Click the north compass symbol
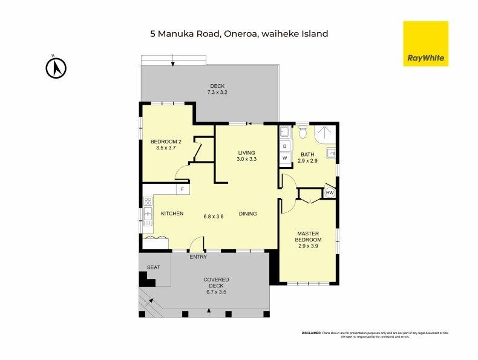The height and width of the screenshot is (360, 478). [x=56, y=68]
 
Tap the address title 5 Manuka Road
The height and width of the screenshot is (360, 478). [x=239, y=34]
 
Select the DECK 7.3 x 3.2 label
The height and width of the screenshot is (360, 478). [x=217, y=89]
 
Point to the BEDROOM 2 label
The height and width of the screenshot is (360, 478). [x=165, y=145]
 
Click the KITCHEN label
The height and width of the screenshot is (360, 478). [x=172, y=214]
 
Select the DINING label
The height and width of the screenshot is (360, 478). [x=247, y=214]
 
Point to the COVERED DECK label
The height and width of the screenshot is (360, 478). [x=216, y=286]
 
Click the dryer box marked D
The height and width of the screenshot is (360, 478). [x=284, y=146]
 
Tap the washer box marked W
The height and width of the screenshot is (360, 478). [x=284, y=159]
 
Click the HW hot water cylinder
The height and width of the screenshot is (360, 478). [x=330, y=193]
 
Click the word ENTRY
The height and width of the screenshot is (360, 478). [x=198, y=257]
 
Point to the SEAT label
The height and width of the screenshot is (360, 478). [x=154, y=267]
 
